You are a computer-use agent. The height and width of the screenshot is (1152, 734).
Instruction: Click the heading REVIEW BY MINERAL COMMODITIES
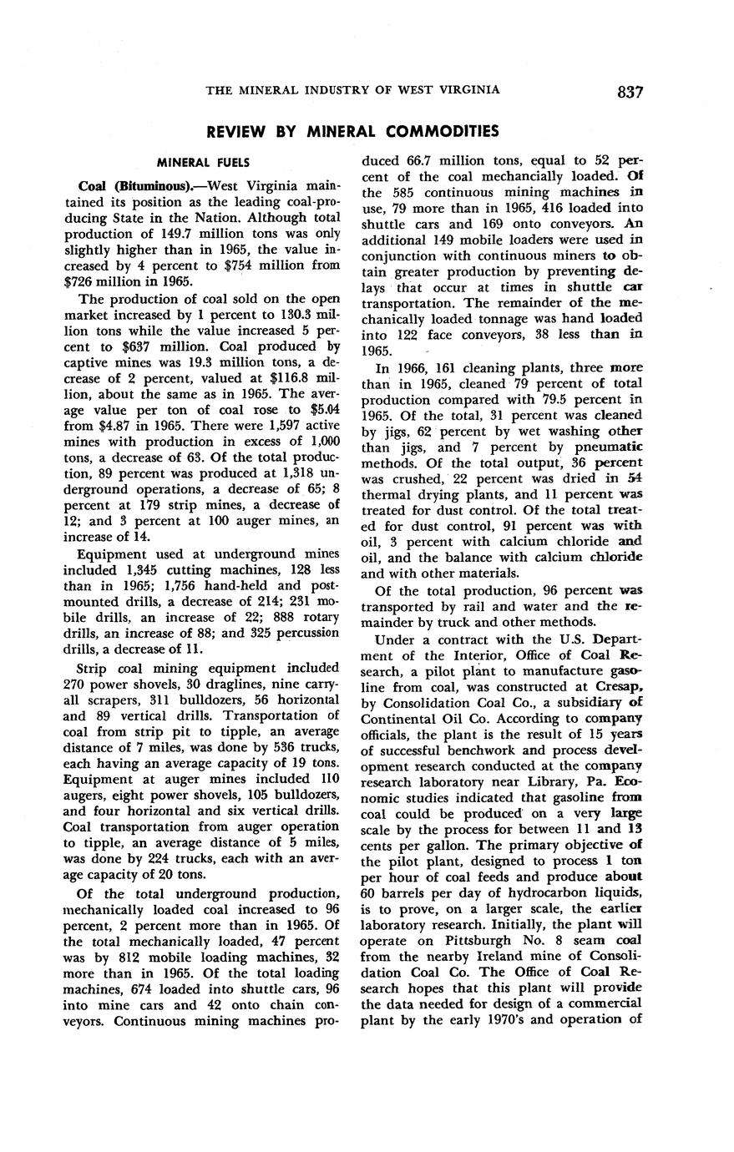352,131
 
